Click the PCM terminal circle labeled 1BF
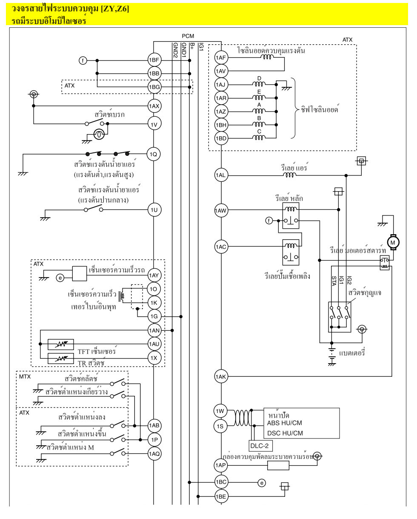click(x=154, y=60)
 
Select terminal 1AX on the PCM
click(x=154, y=106)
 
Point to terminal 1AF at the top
click(x=221, y=57)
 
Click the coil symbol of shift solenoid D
click(x=259, y=84)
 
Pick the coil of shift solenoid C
click(x=259, y=137)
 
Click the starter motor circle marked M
click(x=392, y=242)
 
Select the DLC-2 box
click(x=260, y=446)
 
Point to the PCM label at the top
click(x=187, y=37)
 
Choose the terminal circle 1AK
click(x=221, y=376)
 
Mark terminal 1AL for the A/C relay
click(x=221, y=175)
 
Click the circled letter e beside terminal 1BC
click(x=262, y=482)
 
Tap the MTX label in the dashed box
click(x=25, y=376)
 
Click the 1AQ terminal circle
click(x=154, y=454)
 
